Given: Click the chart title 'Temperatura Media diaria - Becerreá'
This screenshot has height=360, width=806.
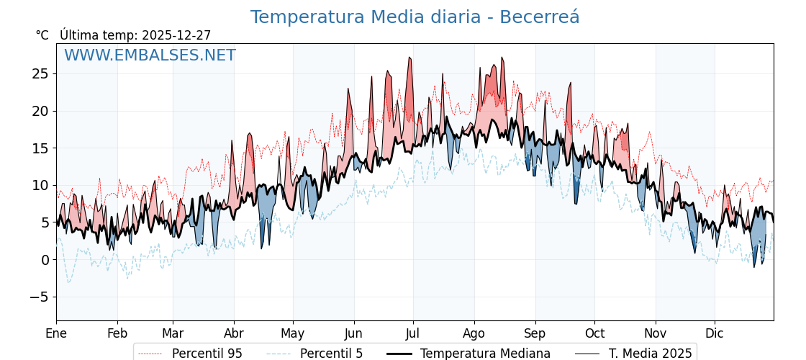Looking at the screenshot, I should tap(415, 17).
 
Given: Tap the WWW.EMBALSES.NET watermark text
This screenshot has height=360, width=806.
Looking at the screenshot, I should tap(150, 55).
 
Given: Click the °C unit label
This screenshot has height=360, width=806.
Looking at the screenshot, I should tap(42, 35).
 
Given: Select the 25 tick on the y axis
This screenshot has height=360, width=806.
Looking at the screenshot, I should tap(40, 73).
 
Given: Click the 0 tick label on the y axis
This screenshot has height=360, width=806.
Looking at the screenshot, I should tap(45, 260).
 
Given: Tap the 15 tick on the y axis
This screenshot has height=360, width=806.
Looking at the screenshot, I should tap(40, 148).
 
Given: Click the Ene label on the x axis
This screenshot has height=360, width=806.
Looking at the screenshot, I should tap(56, 333).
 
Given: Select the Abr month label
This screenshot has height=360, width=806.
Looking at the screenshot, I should tap(234, 333).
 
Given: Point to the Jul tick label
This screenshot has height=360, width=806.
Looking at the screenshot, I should tap(413, 333).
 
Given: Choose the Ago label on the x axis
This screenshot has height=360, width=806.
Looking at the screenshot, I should tap(474, 333).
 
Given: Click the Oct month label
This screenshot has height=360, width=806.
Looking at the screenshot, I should tap(594, 333).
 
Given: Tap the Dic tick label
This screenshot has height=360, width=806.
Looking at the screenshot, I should tap(715, 333).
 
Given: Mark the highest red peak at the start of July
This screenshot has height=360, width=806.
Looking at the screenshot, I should tap(410, 58).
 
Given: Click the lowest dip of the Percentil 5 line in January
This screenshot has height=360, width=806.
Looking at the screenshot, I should tap(68, 282).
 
